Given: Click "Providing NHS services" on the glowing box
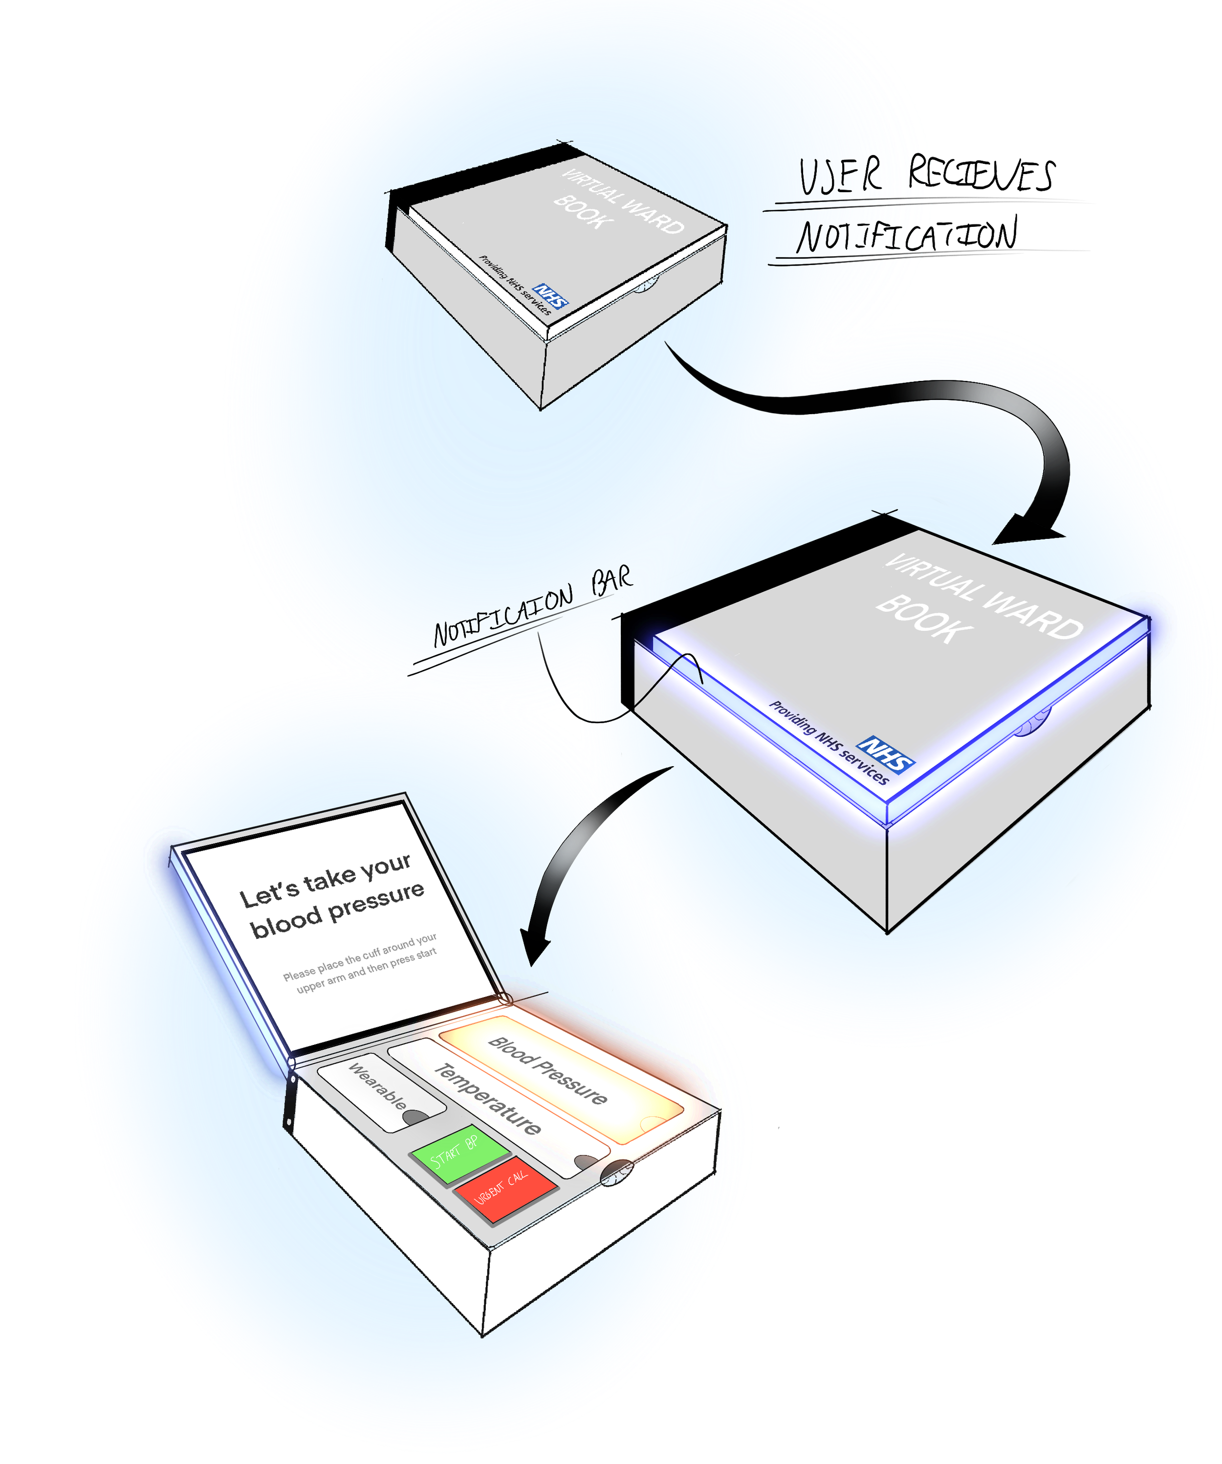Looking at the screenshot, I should point(829,742).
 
